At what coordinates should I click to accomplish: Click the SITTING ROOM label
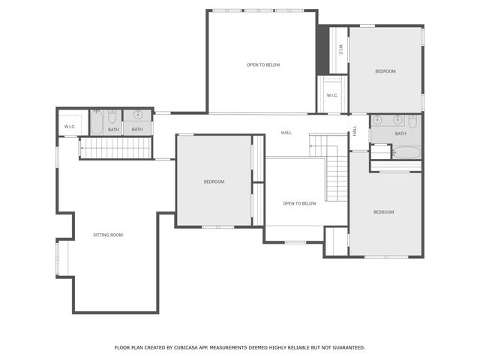108,235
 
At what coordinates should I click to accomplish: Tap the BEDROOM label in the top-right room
385,71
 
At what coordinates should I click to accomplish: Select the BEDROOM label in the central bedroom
214,181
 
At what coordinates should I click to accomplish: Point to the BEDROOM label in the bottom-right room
383,212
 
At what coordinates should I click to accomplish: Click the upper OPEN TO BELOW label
263,65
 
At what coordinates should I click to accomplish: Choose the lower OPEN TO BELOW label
299,203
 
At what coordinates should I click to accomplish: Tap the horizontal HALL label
286,133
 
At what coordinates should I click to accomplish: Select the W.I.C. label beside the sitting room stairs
70,127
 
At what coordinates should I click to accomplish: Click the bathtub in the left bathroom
97,122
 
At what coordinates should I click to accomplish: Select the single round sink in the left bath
137,115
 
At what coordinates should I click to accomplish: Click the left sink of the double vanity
377,120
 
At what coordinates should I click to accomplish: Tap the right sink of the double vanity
397,120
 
